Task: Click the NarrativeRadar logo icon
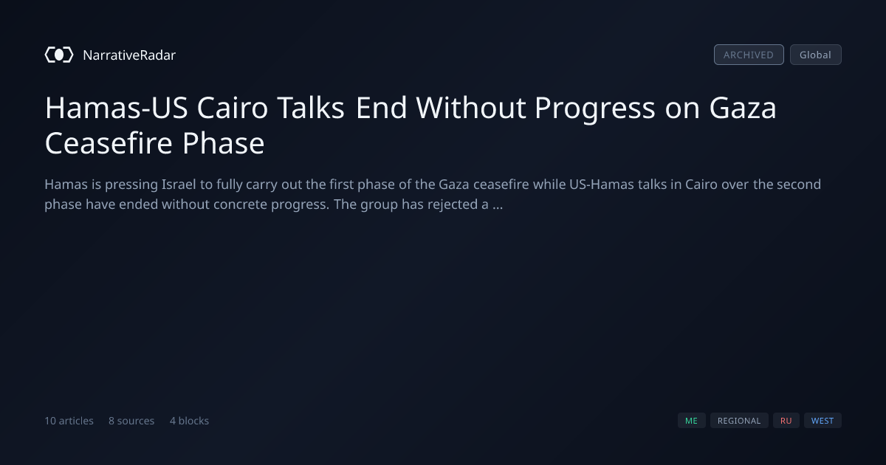pyautogui.click(x=59, y=55)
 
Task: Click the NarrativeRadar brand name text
pyautogui.click(x=129, y=55)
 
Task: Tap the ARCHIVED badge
pyautogui.click(x=749, y=55)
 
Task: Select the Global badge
pyautogui.click(x=816, y=55)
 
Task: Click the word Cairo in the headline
pyautogui.click(x=233, y=108)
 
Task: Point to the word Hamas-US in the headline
pyautogui.click(x=117, y=108)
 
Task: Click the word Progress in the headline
pyautogui.click(x=595, y=108)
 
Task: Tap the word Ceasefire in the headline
pyautogui.click(x=109, y=142)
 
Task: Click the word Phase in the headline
pyautogui.click(x=224, y=142)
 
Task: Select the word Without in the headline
pyautogui.click(x=471, y=108)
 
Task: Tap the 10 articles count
pyautogui.click(x=69, y=421)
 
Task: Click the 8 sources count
pyautogui.click(x=131, y=421)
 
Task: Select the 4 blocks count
pyautogui.click(x=190, y=421)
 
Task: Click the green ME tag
pyautogui.click(x=691, y=420)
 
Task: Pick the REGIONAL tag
pyautogui.click(x=739, y=420)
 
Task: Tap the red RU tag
pyautogui.click(x=786, y=420)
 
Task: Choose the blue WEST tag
pyautogui.click(x=823, y=420)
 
